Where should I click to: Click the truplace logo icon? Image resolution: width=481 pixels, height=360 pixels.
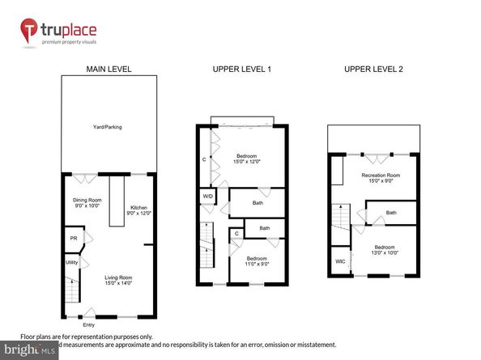point(32,31)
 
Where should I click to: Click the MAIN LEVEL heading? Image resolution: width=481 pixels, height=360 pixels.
point(109,70)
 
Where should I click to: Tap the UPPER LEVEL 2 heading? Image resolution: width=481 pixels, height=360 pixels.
point(372,70)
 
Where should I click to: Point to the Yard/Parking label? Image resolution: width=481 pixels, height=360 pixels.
point(107,127)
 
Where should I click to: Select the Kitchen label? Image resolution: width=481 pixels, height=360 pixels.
point(139,209)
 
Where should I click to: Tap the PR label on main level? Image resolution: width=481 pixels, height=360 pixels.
point(73,239)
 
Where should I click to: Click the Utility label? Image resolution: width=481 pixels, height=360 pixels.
point(71,263)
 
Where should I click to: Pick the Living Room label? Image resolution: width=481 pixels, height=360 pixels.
point(118,281)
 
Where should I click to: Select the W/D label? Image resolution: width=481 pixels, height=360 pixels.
point(207,196)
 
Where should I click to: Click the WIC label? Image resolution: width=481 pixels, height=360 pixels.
point(340,261)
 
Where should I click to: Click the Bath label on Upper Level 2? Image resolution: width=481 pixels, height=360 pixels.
point(391,213)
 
